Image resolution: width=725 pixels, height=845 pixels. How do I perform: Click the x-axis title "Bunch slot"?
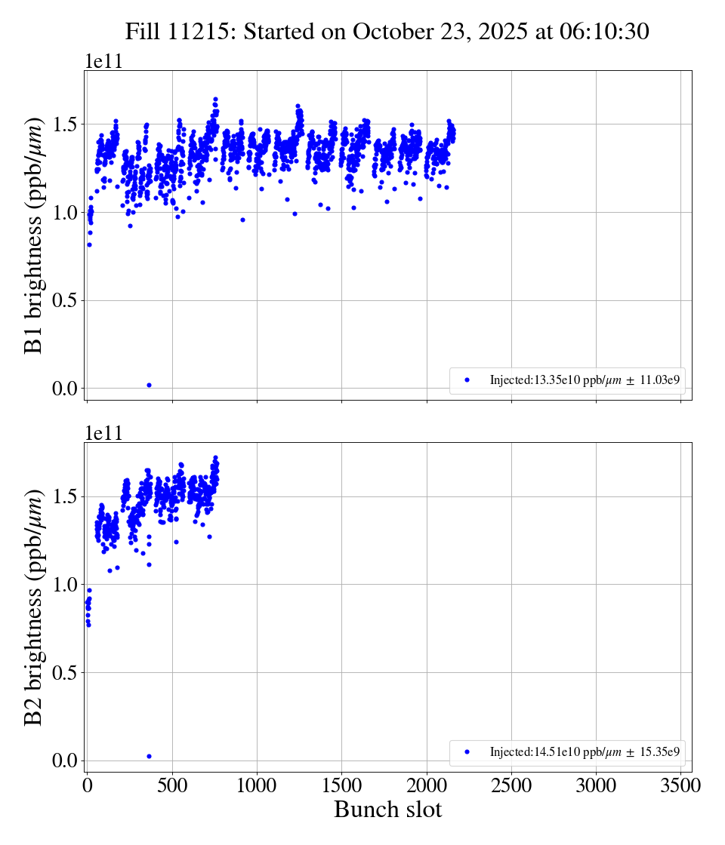click(387, 810)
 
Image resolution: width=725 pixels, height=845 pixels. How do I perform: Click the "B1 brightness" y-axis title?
click(34, 235)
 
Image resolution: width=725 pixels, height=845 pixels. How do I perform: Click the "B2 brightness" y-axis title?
click(34, 607)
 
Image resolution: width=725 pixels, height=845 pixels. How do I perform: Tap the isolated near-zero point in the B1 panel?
click(149, 385)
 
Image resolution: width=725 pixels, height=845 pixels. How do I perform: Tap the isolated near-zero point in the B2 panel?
click(149, 756)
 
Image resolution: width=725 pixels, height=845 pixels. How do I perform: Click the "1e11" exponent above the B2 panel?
click(103, 433)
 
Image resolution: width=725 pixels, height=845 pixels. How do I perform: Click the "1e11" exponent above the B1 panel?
click(103, 62)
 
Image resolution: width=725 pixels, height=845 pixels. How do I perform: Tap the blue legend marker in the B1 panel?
click(467, 380)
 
